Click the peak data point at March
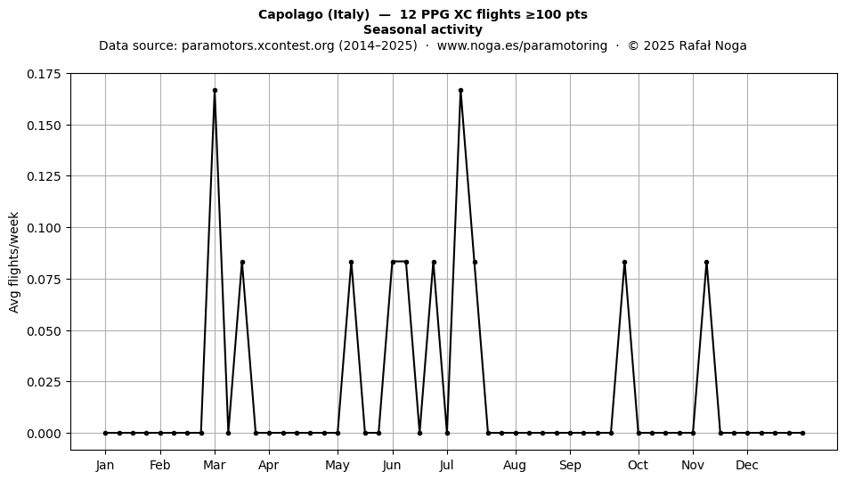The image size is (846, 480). (x=215, y=91)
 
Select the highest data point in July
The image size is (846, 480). (x=460, y=91)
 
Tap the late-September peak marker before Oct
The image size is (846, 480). (x=625, y=263)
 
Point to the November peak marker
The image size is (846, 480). (x=707, y=263)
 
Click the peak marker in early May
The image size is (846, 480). (x=351, y=263)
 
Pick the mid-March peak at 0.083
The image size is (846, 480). (x=242, y=263)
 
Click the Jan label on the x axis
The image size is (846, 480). (x=105, y=465)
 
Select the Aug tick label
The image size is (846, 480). (x=515, y=465)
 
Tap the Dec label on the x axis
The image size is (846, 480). (x=747, y=465)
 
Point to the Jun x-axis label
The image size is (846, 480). (x=392, y=465)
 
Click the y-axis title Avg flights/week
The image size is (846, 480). (x=14, y=262)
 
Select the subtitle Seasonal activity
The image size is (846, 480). (x=423, y=29)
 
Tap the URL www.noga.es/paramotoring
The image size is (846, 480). (x=522, y=45)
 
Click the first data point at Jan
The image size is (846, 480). (x=106, y=433)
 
